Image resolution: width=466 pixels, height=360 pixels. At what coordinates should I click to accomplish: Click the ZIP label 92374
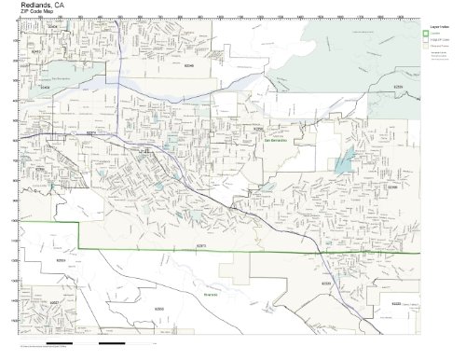pos(91,133)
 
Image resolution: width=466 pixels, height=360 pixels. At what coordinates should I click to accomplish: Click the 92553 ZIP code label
pos(61,259)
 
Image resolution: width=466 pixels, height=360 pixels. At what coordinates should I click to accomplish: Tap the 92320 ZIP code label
pos(326,282)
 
